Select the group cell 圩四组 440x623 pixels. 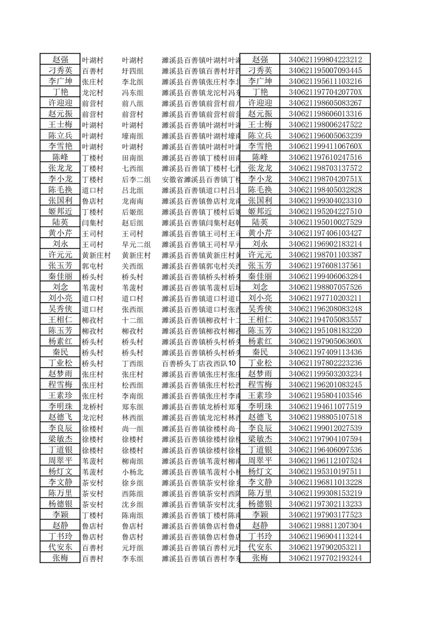point(133,71)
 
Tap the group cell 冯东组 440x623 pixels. point(133,92)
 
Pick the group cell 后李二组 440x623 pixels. point(136,179)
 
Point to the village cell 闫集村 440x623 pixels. point(92,222)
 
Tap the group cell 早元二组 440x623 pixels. point(136,244)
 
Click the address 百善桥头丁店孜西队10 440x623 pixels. point(199,363)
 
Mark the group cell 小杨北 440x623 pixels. point(133,471)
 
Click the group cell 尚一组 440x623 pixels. point(133,428)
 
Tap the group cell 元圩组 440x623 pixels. point(133,547)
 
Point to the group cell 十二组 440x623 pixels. point(133,320)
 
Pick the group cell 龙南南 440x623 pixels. point(133,200)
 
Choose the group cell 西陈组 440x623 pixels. point(133,493)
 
